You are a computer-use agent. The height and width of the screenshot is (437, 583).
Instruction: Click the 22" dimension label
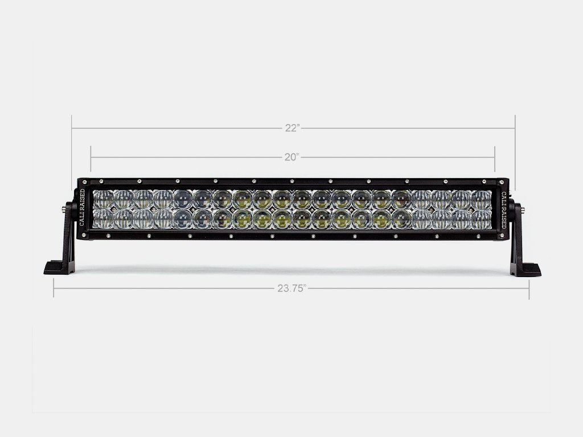click(292, 129)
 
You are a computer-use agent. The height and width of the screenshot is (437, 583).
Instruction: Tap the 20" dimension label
click(292, 158)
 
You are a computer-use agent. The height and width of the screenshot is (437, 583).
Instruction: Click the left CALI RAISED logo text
click(83, 208)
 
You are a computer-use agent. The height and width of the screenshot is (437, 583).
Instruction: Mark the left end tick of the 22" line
click(72, 129)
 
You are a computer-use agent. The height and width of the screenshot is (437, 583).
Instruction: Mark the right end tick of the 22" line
click(515, 129)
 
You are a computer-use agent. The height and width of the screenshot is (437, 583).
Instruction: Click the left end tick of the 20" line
click(91, 157)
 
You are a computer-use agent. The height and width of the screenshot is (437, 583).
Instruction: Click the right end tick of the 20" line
click(495, 157)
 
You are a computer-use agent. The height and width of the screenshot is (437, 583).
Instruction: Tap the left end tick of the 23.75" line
click(54, 288)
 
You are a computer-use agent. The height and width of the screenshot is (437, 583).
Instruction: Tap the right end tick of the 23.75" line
click(529, 288)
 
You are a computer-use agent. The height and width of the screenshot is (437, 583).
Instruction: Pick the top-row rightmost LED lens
click(481, 200)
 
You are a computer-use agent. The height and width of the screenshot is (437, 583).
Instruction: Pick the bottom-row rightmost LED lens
click(481, 219)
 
